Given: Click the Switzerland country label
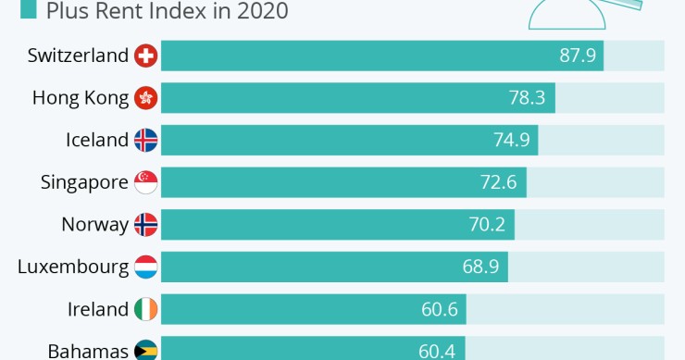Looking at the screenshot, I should pyautogui.click(x=78, y=56).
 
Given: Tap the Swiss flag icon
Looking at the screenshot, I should pyautogui.click(x=146, y=56).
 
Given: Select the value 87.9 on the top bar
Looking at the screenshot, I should pyautogui.click(x=578, y=56).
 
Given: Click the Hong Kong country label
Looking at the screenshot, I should pyautogui.click(x=81, y=98).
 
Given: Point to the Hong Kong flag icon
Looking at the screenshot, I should pyautogui.click(x=146, y=98).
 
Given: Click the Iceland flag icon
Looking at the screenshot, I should pyautogui.click(x=146, y=141).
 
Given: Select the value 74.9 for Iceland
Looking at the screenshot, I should pyautogui.click(x=512, y=141).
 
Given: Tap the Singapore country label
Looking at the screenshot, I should pyautogui.click(x=84, y=182).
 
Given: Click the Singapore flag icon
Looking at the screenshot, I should pyautogui.click(x=146, y=182).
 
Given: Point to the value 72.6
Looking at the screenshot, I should pyautogui.click(x=500, y=182).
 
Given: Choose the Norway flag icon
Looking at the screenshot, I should pyautogui.click(x=146, y=225).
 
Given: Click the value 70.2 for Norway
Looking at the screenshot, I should pyautogui.click(x=489, y=225).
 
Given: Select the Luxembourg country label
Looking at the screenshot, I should pyautogui.click(x=73, y=267).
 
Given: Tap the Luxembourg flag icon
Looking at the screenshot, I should pyautogui.click(x=146, y=267).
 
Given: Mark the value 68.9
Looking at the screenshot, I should pyautogui.click(x=481, y=267).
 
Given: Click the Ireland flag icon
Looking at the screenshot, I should pyautogui.click(x=146, y=309).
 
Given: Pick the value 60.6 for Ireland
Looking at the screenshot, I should pyautogui.click(x=440, y=309).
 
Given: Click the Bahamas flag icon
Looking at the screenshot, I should pyautogui.click(x=146, y=351).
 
